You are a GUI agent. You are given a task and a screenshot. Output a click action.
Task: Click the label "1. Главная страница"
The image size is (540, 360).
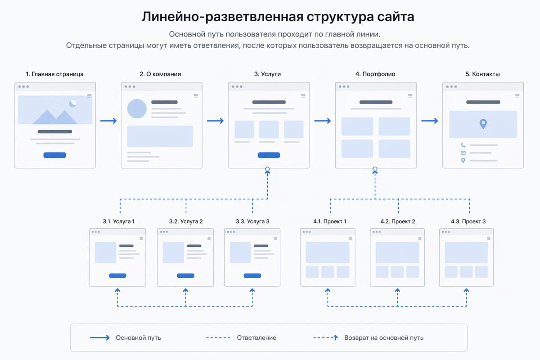click(54, 74)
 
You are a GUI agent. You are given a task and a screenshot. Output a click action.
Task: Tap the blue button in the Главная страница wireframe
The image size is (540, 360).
click(54, 155)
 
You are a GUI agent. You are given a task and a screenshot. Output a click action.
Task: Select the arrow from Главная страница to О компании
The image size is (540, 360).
click(108, 121)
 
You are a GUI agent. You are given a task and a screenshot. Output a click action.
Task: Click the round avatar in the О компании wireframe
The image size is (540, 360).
click(137, 108)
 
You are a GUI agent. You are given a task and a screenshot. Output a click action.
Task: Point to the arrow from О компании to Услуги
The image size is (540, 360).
click(216, 121)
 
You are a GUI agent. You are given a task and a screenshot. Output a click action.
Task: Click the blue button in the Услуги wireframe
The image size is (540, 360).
click(269, 155)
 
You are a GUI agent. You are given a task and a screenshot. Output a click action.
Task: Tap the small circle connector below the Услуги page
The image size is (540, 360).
click(268, 170)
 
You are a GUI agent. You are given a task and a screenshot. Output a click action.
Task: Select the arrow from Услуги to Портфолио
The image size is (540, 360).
click(323, 121)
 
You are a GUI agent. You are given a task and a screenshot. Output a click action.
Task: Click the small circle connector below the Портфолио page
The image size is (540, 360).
click(375, 170)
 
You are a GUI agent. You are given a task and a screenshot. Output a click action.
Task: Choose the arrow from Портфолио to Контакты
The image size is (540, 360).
click(430, 121)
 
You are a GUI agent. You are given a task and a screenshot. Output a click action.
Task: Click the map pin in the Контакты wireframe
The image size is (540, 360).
click(483, 124)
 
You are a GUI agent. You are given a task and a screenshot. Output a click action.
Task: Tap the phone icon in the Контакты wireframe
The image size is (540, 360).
click(463, 145)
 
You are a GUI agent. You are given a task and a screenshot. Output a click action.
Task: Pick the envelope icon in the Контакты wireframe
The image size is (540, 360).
click(463, 153)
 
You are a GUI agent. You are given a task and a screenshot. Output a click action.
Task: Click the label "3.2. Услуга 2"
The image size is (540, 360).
click(186, 221)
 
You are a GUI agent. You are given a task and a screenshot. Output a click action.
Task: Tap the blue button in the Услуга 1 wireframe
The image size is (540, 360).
click(117, 275)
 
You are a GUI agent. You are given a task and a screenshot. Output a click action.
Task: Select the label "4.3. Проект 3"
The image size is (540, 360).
click(468, 221)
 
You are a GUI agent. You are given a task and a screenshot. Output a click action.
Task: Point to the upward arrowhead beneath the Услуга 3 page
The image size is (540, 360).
click(252, 291)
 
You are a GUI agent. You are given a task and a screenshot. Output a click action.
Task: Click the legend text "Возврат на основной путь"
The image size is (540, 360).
click(383, 337)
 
